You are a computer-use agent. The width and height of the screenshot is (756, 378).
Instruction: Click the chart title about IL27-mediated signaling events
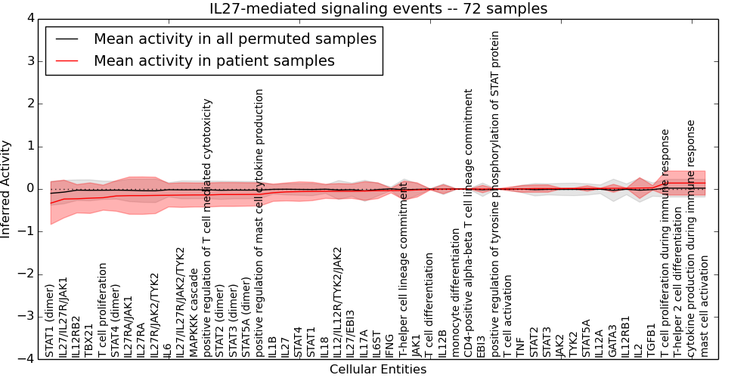click(x=378, y=8)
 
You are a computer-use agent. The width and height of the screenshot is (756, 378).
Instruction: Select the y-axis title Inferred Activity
click(x=5, y=189)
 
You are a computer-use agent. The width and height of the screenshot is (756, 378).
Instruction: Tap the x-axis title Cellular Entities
click(x=378, y=370)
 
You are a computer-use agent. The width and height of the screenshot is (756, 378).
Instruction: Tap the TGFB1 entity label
click(x=651, y=340)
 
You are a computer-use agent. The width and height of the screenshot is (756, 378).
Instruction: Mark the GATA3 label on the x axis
click(x=612, y=340)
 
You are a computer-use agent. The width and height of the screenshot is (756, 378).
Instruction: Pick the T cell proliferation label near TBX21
click(x=102, y=311)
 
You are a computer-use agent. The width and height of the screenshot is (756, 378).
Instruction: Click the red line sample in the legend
click(x=66, y=61)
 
